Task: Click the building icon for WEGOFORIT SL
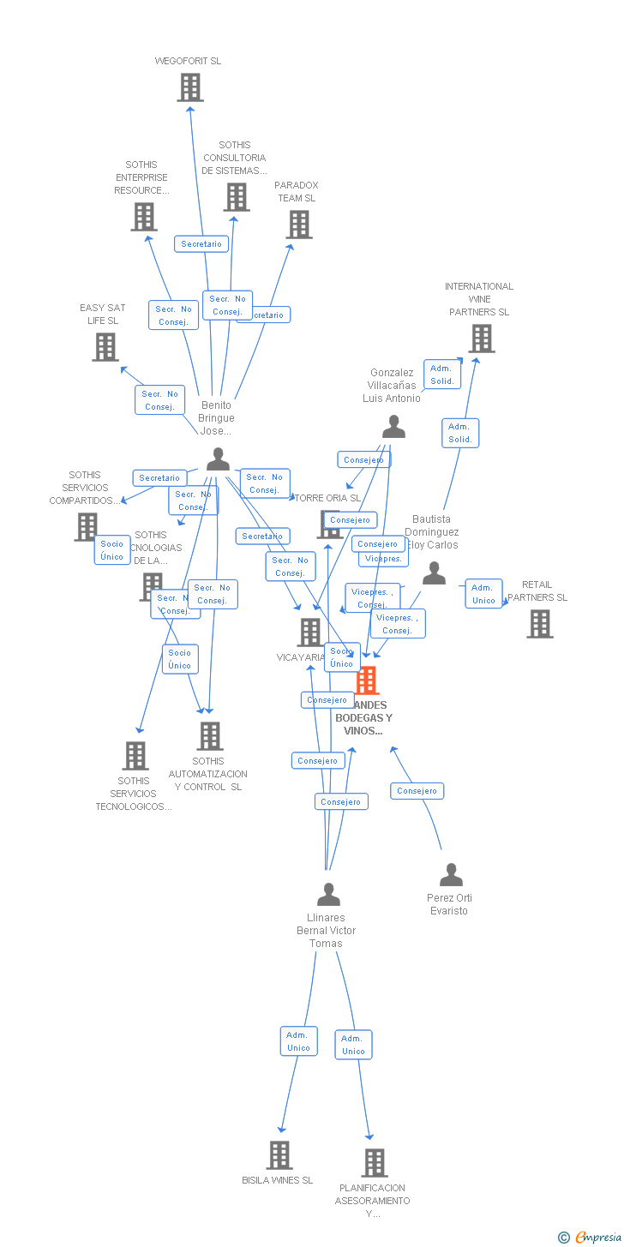pos(190,87)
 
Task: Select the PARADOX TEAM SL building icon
pos(299,225)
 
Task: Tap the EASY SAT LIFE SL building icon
pos(105,347)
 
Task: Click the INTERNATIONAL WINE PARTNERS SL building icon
pos(482,339)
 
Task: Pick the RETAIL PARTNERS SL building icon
pos(540,624)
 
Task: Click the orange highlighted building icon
pos(367,680)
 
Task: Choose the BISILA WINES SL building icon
pos(279,1155)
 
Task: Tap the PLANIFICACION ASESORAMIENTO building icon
pos(375,1163)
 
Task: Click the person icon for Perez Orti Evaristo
pos(451,875)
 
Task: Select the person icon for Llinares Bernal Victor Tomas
pos(328,895)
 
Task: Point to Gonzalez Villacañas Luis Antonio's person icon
pos(393,427)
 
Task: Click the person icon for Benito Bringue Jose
pos(218,459)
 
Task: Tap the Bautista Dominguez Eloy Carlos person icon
pos(434,573)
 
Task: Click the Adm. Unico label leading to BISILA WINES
pos(298,1041)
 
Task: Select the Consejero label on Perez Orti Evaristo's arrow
pos(417,791)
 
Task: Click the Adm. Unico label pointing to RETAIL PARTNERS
pos(483,594)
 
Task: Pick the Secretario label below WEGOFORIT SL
pos(201,244)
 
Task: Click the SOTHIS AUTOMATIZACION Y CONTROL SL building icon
pos(210,736)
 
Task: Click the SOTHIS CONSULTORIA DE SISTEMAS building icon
pos(237,197)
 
